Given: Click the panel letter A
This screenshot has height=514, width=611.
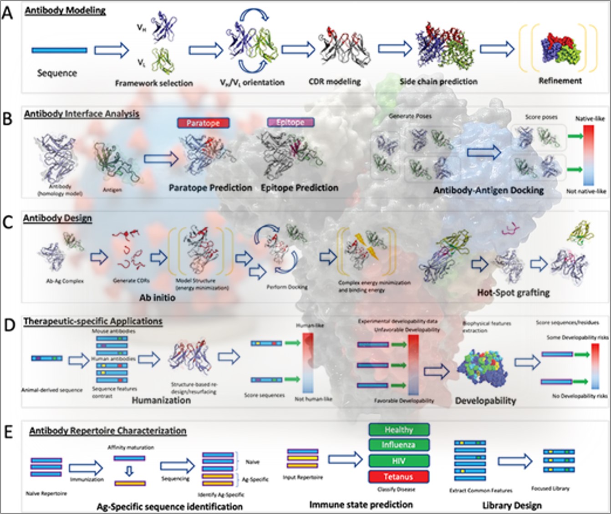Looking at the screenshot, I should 7,13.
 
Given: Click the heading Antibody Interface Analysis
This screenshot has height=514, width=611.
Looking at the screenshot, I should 82,114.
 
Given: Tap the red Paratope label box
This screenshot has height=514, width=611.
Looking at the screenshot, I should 203,123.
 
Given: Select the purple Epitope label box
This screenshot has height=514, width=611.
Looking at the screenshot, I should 290,122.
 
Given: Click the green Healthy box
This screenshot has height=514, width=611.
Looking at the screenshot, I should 398,430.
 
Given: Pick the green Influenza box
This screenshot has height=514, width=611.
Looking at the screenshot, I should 398,445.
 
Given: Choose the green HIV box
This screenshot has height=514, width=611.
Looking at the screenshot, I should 398,461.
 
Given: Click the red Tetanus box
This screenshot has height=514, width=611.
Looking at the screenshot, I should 398,477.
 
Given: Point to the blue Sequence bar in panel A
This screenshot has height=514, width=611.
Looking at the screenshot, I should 59,51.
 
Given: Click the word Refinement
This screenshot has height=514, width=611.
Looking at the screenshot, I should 560,81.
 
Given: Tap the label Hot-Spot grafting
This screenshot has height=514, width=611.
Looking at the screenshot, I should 513,293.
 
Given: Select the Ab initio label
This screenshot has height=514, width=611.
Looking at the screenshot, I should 157,298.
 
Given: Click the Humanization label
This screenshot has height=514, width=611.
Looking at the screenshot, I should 161,400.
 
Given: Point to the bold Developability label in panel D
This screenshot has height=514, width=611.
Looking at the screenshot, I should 485,401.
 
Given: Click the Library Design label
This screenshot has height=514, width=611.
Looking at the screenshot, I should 512,505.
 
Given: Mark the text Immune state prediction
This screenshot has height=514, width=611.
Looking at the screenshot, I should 361,504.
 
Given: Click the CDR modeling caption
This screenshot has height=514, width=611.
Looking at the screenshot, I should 335,82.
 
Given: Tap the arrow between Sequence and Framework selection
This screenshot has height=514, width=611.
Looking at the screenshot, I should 112,50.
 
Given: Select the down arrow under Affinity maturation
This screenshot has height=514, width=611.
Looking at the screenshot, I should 129,471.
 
